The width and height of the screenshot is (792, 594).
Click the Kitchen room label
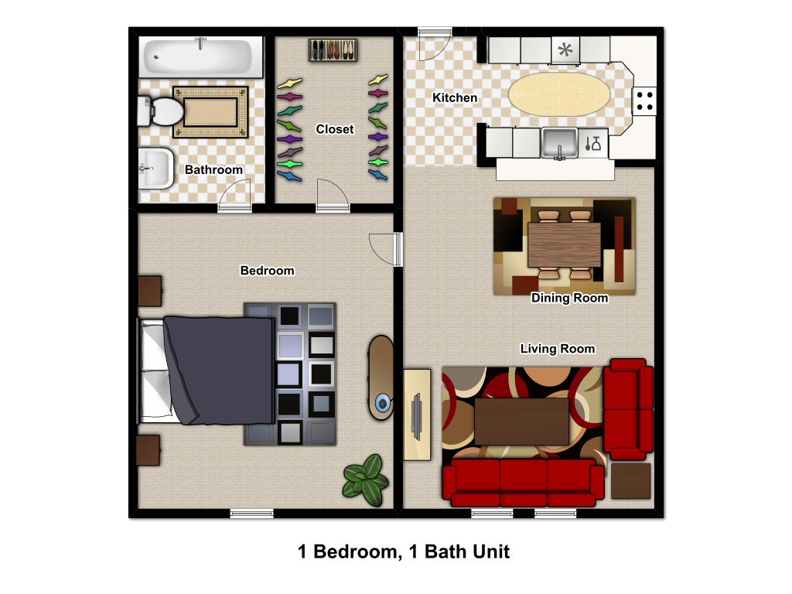tap(455, 97)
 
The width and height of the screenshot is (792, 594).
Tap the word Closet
tap(334, 129)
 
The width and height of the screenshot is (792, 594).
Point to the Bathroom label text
tap(213, 169)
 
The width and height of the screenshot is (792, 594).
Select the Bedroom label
tap(267, 271)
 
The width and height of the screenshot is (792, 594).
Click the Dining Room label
tap(569, 298)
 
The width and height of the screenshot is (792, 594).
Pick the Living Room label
tap(558, 349)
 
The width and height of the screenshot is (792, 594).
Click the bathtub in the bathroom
tap(200, 56)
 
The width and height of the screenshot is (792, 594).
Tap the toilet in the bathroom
tap(161, 111)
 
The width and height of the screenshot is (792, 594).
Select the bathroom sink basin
tap(155, 168)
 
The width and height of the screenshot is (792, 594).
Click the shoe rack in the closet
tap(333, 50)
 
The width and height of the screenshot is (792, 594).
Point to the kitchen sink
tap(559, 142)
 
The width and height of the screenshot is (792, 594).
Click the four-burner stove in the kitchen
tap(644, 101)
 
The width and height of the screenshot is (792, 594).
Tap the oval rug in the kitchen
tap(559, 94)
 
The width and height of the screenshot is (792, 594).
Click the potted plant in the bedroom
tap(366, 480)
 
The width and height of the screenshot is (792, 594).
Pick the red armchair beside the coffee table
tap(628, 409)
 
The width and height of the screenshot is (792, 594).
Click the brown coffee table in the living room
tap(522, 422)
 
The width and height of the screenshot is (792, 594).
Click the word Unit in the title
tap(489, 551)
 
